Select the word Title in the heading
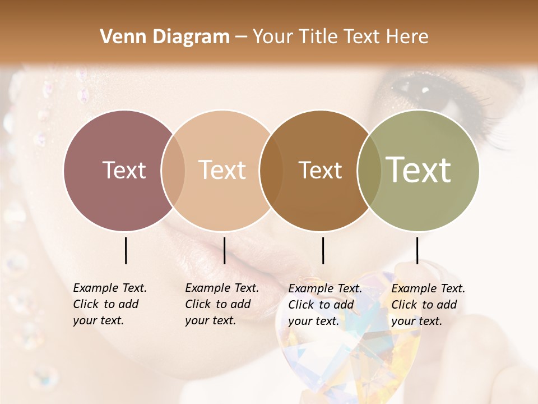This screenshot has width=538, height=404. (319, 37)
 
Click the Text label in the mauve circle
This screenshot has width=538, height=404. (124, 170)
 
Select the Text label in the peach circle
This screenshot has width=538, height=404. (222, 170)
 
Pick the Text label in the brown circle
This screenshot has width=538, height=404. (320, 170)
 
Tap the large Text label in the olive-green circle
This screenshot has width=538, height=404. (418, 170)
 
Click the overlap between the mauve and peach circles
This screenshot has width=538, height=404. (173, 171)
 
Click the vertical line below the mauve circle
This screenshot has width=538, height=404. (126, 250)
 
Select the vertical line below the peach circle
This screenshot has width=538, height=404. (224, 250)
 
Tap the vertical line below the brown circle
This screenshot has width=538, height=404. (323, 250)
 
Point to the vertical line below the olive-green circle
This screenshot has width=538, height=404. (417, 250)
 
